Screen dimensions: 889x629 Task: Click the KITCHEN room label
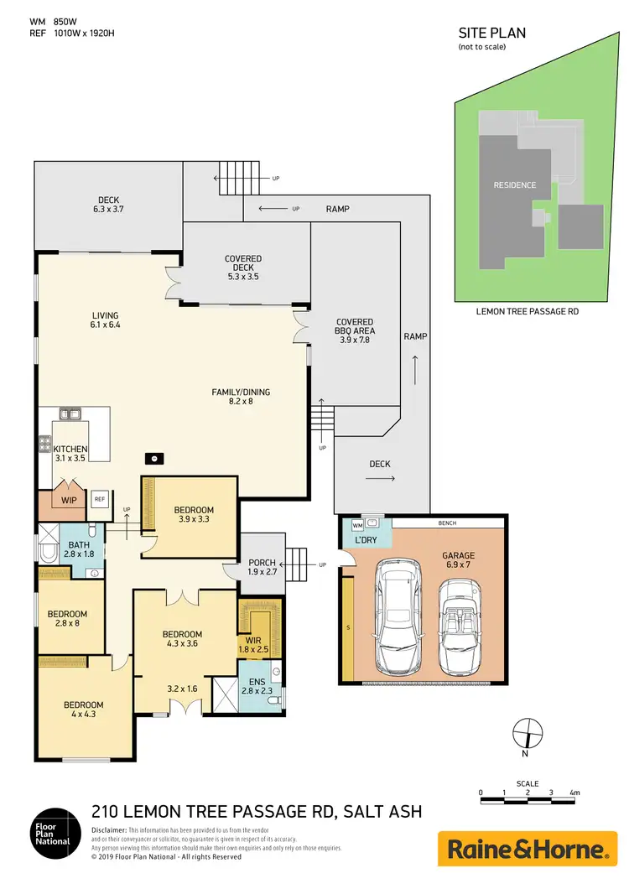70,450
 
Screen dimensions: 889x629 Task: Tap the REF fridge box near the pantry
99,498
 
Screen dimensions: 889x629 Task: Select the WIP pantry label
69,500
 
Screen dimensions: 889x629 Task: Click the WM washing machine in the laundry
356,525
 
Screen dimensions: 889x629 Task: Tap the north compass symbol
527,731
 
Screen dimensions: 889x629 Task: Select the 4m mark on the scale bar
574,792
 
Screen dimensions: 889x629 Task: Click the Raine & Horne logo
527,849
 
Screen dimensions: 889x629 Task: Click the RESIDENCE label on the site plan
514,185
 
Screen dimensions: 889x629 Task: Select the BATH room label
80,545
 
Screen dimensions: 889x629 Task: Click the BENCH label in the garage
449,522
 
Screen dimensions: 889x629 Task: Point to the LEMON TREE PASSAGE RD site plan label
528,311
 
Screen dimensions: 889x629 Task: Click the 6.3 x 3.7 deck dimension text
109,210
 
